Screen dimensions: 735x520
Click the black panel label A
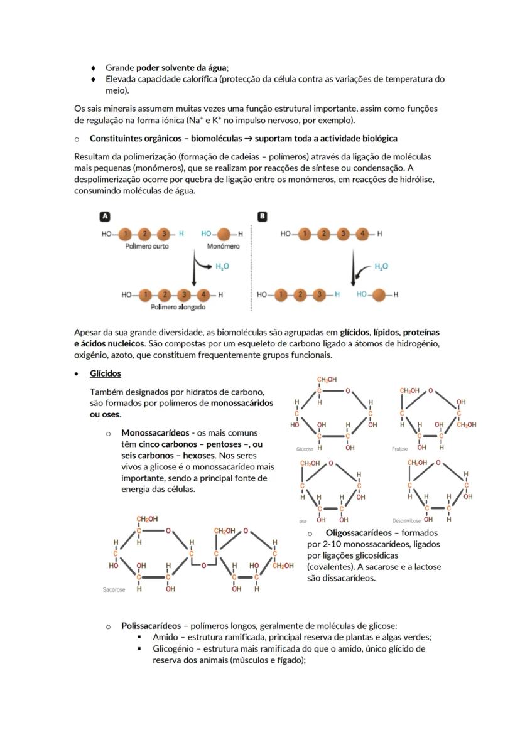(106, 216)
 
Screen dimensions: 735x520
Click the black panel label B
(263, 216)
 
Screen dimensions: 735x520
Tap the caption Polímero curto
(147, 246)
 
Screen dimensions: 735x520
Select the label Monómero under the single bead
(224, 246)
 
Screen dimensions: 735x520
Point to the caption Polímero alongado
(178, 307)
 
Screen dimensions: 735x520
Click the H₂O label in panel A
(222, 266)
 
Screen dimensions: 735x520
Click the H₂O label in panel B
(381, 266)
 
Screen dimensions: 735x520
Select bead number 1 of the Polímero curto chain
(125, 233)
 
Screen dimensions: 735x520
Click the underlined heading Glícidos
(105, 373)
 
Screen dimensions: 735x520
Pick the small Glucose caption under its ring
(305, 449)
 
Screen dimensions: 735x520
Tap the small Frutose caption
(400, 449)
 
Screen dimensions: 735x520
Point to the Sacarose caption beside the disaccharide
(114, 590)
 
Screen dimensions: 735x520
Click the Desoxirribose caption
(406, 521)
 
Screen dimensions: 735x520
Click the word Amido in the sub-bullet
(165, 637)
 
